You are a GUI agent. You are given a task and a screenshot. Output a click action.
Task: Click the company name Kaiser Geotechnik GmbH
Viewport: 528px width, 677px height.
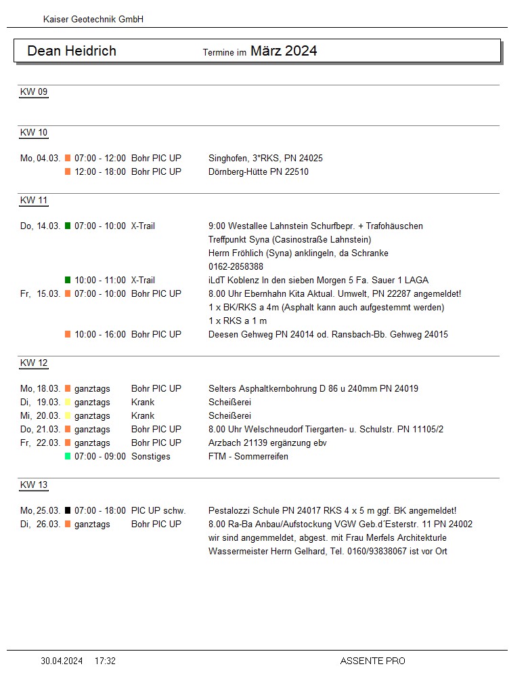click(93, 20)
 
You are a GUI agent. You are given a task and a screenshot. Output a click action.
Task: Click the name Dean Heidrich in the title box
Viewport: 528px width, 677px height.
click(72, 51)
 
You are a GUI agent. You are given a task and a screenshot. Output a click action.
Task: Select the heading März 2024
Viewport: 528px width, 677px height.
click(284, 51)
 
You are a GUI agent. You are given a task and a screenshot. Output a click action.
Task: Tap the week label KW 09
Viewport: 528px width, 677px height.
click(34, 92)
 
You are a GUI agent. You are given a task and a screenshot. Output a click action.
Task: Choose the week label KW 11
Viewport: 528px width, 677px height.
click(34, 201)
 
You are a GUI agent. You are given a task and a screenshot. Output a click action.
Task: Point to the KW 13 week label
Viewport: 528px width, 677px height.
click(34, 485)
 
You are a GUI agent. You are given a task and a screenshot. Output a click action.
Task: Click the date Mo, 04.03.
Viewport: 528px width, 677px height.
click(41, 159)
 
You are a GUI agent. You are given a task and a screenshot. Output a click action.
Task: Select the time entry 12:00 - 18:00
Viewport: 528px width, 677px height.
click(100, 172)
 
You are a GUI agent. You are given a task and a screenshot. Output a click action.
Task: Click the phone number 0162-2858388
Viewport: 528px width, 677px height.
click(236, 267)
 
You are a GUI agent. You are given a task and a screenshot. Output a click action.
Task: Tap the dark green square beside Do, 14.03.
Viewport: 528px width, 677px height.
click(68, 226)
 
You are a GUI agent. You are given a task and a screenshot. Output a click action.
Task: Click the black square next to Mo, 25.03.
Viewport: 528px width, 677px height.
click(68, 511)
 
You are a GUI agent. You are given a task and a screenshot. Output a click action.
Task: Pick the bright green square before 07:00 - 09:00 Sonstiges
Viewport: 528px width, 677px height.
click(68, 457)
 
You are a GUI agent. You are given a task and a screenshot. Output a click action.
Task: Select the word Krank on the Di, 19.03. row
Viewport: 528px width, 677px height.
click(143, 403)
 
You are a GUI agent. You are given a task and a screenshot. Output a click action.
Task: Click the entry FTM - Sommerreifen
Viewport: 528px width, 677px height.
click(248, 457)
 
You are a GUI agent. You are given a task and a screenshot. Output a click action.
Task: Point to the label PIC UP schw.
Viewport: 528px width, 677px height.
click(158, 511)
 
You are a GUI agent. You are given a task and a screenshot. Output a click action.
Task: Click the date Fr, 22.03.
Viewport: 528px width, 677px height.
click(41, 443)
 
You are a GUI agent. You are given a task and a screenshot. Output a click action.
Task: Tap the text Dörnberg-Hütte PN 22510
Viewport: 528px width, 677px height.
click(259, 172)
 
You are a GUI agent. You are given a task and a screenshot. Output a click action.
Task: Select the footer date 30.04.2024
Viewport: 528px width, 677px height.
click(62, 661)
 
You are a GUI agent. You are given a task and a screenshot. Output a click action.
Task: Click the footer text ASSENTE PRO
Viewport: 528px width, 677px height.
click(372, 661)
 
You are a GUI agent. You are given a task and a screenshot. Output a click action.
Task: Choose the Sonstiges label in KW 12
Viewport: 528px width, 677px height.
click(151, 457)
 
